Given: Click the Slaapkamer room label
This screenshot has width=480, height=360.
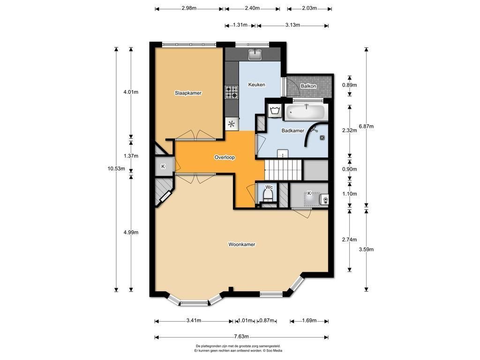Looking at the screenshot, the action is (188, 93).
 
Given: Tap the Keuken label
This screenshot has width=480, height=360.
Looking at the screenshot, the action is (256, 85).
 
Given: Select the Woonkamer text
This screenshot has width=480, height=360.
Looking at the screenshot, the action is (242, 244).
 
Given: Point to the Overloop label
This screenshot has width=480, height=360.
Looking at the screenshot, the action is (225, 157).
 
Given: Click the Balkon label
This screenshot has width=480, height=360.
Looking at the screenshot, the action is (308, 86).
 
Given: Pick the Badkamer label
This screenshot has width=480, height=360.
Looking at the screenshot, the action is (293, 131).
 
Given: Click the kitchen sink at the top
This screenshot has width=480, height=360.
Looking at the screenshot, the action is (255, 54).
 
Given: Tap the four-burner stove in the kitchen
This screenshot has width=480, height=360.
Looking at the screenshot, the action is (232, 92).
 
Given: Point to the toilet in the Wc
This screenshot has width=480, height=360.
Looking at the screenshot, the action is (269, 195).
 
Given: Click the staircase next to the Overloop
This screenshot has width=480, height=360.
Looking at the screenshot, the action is (284, 170).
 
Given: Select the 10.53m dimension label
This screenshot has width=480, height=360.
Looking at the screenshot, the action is (116, 168).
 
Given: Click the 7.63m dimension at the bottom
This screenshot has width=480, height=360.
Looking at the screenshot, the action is (241, 337).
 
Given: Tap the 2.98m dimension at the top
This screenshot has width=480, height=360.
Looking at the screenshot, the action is (189, 8).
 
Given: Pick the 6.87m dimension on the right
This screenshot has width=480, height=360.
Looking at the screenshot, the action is (366, 126).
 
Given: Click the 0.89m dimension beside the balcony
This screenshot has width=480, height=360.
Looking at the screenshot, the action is (350, 85).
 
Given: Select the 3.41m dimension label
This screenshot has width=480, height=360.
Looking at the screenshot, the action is (194, 321).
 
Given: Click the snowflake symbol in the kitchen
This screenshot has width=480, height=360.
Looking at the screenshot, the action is (232, 124).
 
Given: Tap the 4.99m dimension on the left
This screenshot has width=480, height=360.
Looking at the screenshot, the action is (131, 232).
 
